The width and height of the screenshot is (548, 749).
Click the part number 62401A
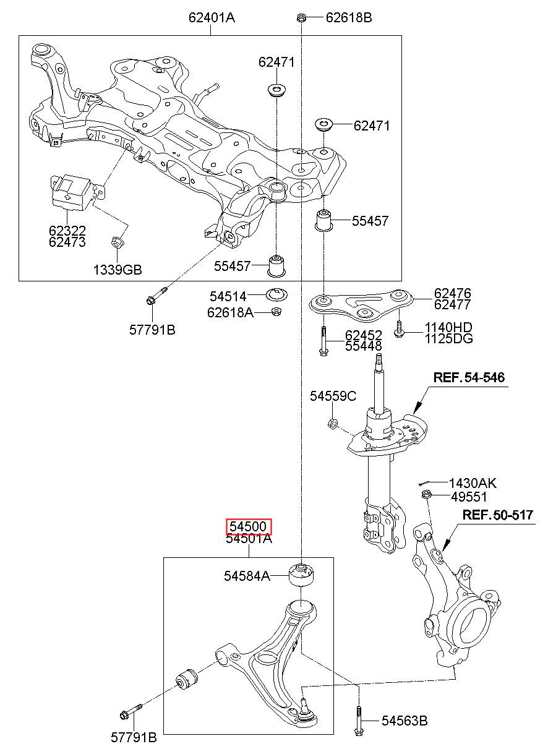[x=212, y=17]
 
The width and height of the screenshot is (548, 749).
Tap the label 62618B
[x=349, y=17]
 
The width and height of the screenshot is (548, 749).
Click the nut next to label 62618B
[x=301, y=17]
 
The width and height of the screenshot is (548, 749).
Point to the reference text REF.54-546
[x=469, y=377]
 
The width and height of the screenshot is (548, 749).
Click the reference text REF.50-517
[x=497, y=515]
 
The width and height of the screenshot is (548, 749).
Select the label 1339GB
[x=118, y=270]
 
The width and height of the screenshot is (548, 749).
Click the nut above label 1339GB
[x=117, y=241]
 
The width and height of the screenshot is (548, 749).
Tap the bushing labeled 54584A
[x=301, y=575]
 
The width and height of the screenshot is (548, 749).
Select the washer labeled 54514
[x=276, y=294]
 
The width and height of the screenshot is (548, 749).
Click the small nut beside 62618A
[x=276, y=312]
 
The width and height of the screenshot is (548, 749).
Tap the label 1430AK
[x=473, y=483]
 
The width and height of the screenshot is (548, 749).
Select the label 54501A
[x=249, y=539]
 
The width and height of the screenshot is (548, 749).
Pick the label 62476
[x=452, y=293]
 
